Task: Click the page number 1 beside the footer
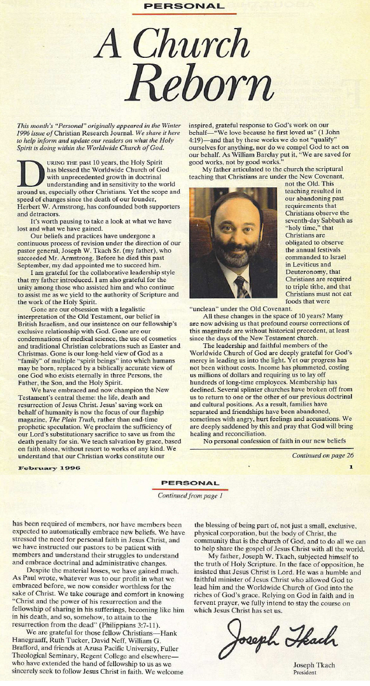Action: click(350, 468)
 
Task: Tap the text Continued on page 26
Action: click(322, 455)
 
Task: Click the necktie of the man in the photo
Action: click(241, 286)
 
